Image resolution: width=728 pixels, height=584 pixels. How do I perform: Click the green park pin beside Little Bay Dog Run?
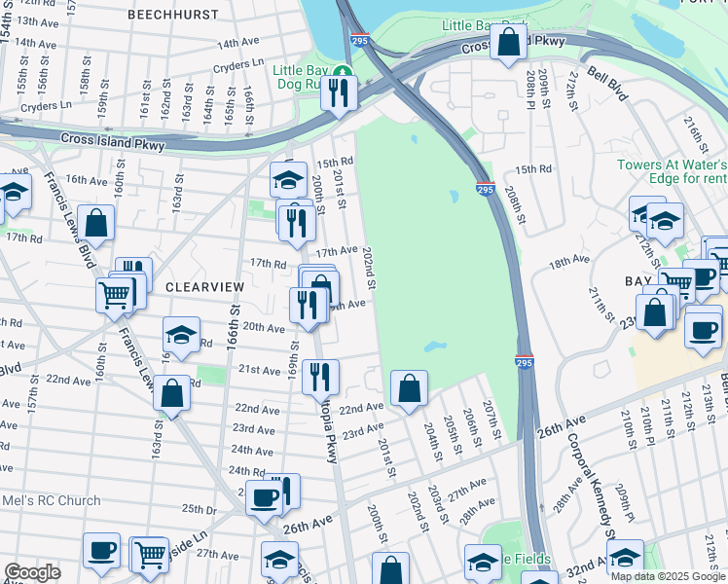coord(342,71)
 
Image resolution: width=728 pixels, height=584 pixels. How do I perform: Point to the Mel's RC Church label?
coord(51,501)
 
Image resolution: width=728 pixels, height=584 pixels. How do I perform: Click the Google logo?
coord(31,572)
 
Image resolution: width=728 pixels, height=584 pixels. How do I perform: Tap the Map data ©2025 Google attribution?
coord(667,576)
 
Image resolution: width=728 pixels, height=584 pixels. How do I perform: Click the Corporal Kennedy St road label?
coord(589,478)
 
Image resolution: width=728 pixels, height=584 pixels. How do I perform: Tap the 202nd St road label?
coord(369,267)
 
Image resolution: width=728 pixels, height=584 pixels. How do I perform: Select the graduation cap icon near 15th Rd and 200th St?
coord(288,180)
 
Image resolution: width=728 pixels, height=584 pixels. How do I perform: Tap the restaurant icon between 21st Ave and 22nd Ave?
coord(319,375)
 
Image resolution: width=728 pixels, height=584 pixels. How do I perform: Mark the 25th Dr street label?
coord(198,509)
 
